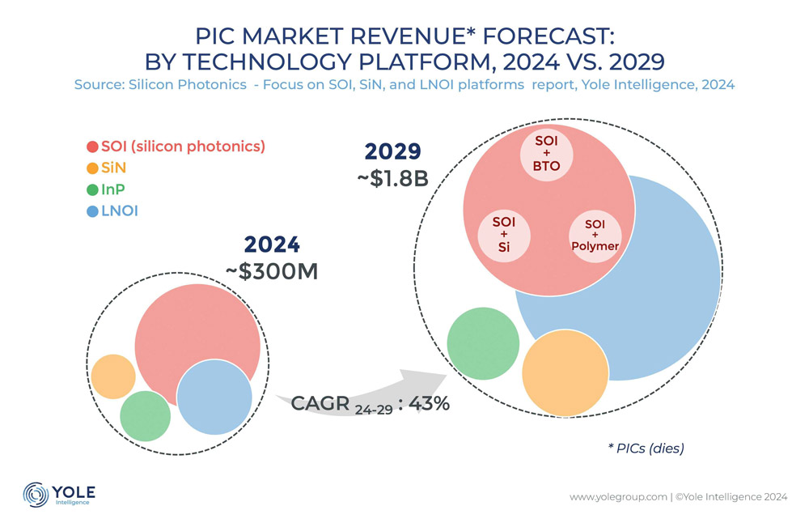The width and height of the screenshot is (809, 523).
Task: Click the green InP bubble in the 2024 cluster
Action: tap(143, 415)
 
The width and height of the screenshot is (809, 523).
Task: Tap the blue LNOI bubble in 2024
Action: tap(214, 398)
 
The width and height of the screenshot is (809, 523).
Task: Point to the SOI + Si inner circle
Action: tap(505, 234)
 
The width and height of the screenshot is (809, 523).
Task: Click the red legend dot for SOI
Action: tap(92, 147)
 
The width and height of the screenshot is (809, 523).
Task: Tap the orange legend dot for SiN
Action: tap(92, 168)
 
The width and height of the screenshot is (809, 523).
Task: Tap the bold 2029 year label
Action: tap(393, 152)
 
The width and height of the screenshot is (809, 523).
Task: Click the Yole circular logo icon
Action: tap(36, 495)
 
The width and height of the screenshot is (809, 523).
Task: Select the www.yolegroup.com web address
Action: tap(617, 495)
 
